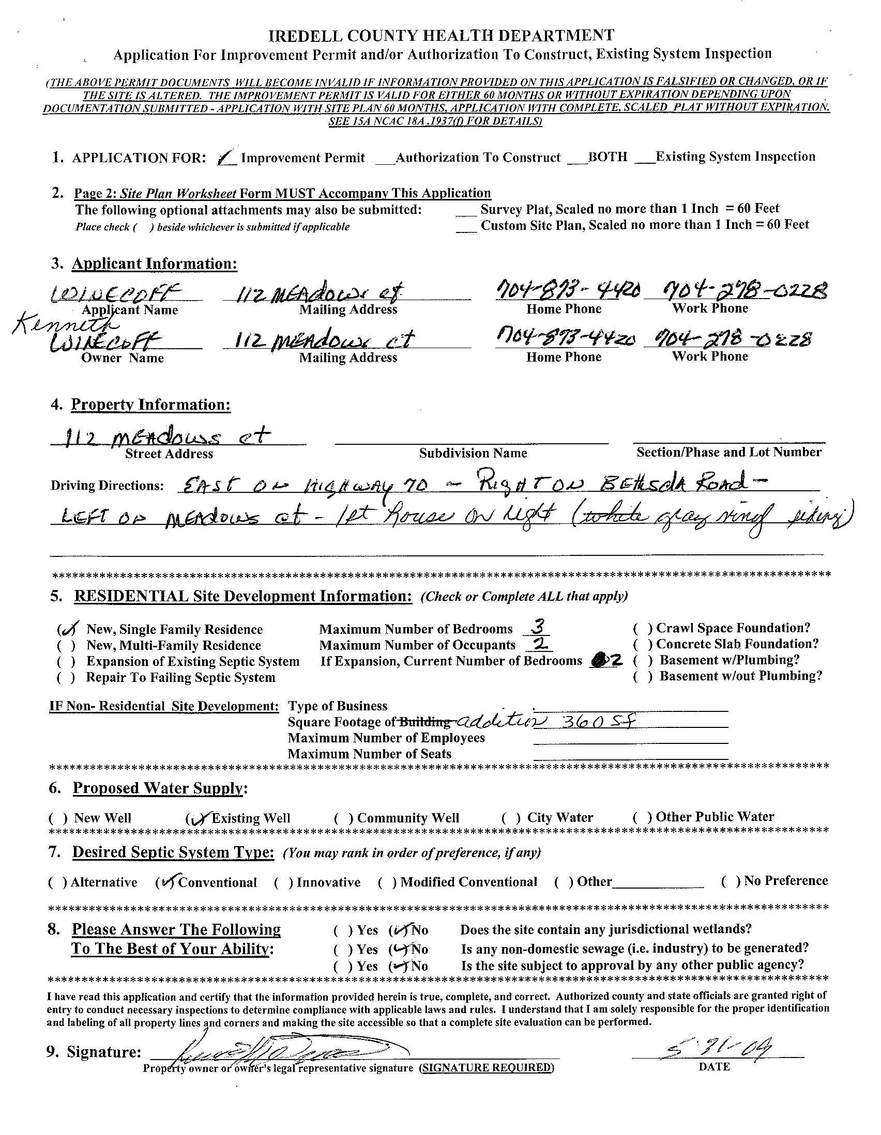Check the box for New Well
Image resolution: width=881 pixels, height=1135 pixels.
pos(58,818)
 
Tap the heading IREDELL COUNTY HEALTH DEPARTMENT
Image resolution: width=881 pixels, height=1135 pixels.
pos(441,35)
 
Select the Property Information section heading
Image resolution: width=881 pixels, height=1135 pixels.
pos(151,405)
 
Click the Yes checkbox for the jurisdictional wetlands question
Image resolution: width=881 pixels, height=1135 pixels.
pos(342,930)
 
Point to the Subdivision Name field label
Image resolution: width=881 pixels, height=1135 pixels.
pos(473,453)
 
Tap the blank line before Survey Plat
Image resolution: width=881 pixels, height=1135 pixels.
pos(466,210)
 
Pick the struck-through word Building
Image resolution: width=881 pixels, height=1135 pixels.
pos(424,722)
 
